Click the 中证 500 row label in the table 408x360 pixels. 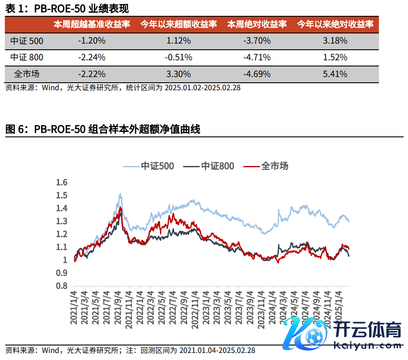27,41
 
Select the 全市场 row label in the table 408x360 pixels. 27,74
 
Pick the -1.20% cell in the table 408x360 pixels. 92,41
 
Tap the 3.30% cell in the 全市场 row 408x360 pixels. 178,74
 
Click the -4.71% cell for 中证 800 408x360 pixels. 257,58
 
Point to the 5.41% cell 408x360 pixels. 335,74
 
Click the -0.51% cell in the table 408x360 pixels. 178,58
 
